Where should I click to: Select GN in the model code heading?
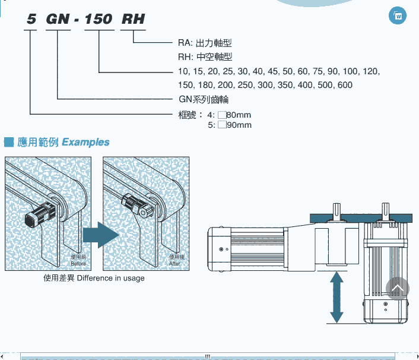pos(58,19)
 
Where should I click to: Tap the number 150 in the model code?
pos(98,19)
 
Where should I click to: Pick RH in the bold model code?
pos(133,19)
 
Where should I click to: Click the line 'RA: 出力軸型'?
pos(205,43)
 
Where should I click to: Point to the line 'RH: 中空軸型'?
pos(205,57)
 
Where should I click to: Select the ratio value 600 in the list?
pos(344,85)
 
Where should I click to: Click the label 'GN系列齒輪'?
pos(204,99)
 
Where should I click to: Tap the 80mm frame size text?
pos(239,115)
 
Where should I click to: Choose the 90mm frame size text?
pos(239,125)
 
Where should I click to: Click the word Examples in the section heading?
pos(85,142)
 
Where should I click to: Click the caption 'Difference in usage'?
pos(110,278)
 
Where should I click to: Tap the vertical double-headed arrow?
pos(337,297)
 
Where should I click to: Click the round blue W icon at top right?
pos(397,15)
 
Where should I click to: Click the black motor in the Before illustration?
pos(39,214)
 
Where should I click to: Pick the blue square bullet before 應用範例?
pos(8,142)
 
